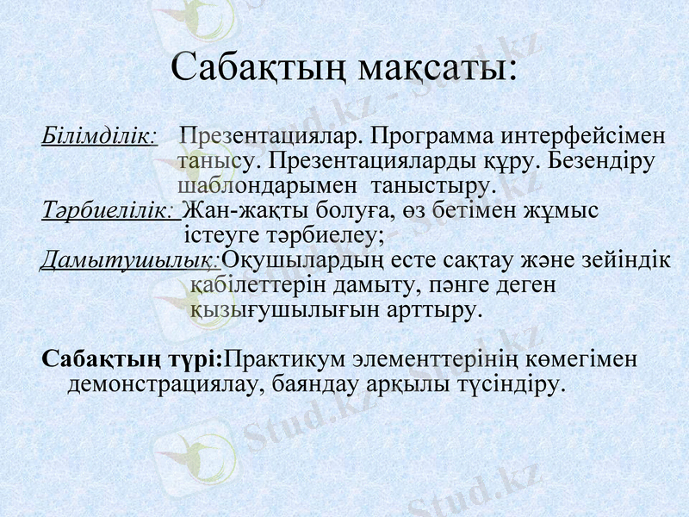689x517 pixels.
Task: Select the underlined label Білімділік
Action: coord(98,137)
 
